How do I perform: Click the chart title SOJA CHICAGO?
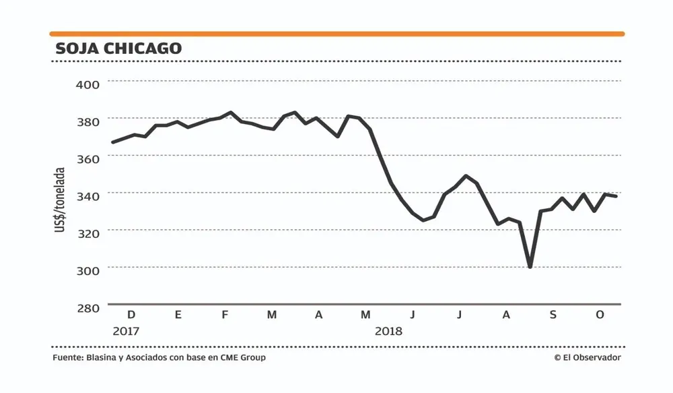[x=118, y=49]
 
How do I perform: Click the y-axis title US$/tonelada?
[x=60, y=201]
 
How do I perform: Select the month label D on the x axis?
[x=131, y=315]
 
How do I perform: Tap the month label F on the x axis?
[x=225, y=315]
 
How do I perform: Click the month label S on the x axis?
[x=553, y=315]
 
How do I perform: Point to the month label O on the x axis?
[x=600, y=315]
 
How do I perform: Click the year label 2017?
[x=126, y=332]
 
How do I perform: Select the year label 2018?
[x=388, y=332]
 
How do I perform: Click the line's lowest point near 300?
[x=530, y=267]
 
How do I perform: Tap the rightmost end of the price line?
[x=616, y=196]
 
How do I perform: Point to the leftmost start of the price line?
[x=112, y=142]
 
